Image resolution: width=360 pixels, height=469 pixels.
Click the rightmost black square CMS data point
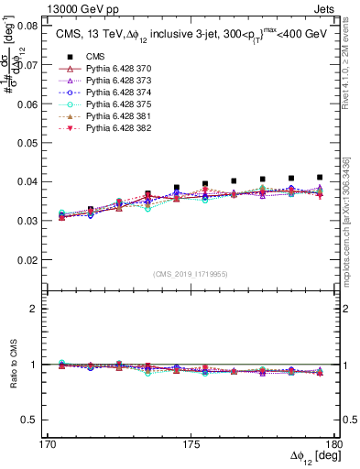[320, 177]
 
